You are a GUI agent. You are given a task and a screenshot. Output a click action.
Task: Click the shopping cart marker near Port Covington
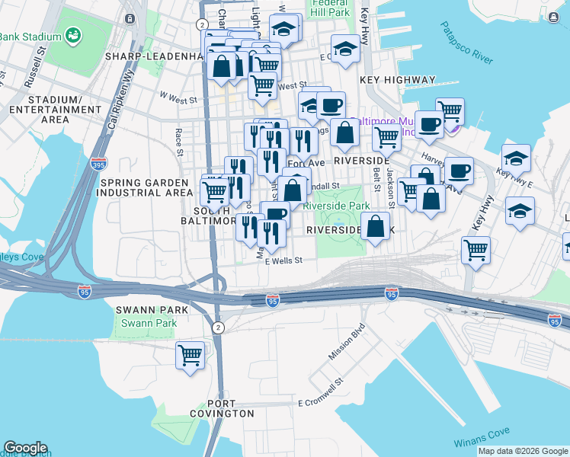[190, 354]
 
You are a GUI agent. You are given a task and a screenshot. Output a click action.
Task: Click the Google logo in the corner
[25, 448]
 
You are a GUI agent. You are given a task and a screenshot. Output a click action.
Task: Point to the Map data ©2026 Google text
[523, 451]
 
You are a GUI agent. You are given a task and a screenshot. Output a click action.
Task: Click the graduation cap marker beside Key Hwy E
[516, 159]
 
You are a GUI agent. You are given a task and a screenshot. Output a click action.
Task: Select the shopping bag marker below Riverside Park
[375, 227]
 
